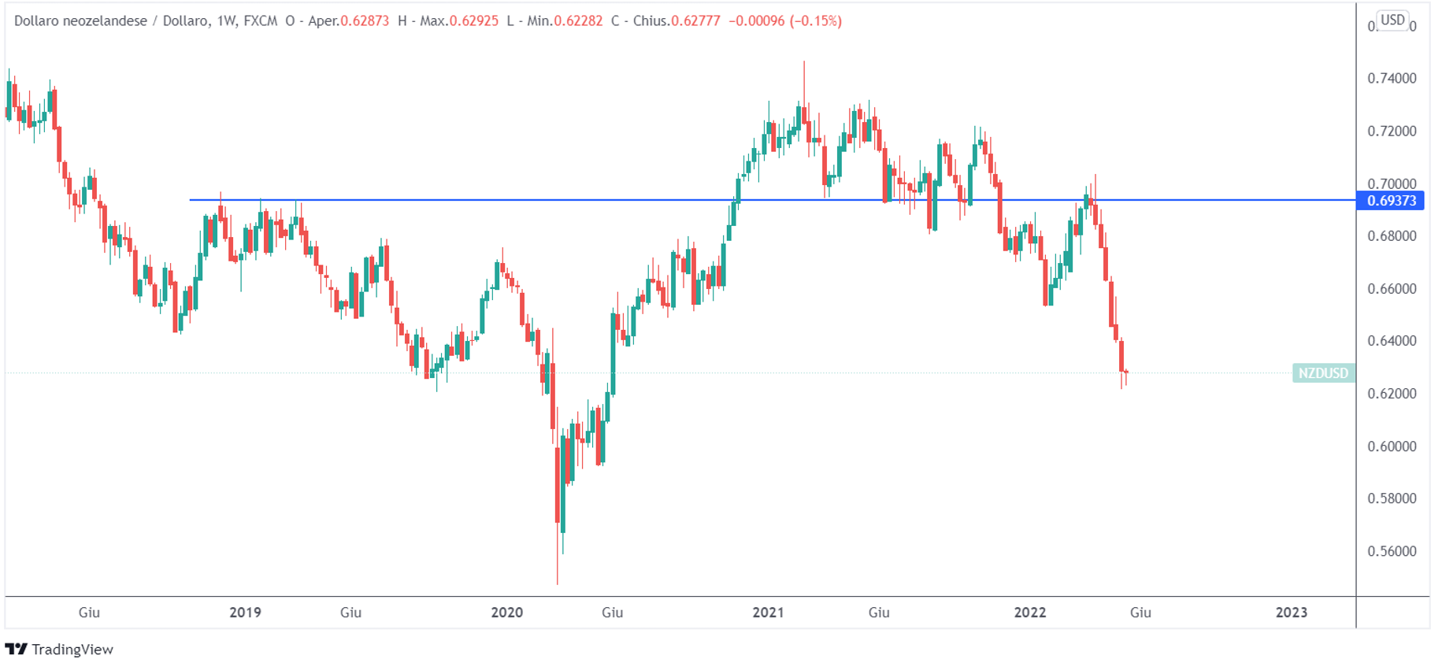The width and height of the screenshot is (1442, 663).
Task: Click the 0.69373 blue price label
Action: pyautogui.click(x=1391, y=201)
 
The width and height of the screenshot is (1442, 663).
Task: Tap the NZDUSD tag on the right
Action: pyautogui.click(x=1323, y=373)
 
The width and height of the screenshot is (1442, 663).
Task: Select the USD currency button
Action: pyautogui.click(x=1392, y=20)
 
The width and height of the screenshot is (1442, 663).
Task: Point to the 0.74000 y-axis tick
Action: pyautogui.click(x=1392, y=79)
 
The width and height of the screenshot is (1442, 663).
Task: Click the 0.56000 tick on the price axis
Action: pyautogui.click(x=1392, y=551)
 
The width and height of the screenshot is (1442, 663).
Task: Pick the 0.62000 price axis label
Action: pyautogui.click(x=1392, y=394)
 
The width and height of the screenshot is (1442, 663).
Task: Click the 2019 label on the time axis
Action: pyautogui.click(x=245, y=613)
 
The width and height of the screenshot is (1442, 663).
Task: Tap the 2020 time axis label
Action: pyautogui.click(x=506, y=613)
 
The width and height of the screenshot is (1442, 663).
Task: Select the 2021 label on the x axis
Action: pyautogui.click(x=768, y=613)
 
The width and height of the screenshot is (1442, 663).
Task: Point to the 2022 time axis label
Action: pyautogui.click(x=1029, y=613)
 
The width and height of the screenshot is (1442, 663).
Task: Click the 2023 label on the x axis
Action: pyautogui.click(x=1291, y=613)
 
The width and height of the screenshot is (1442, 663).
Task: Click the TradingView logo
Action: pyautogui.click(x=60, y=650)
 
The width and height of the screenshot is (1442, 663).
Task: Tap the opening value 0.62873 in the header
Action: pyautogui.click(x=365, y=21)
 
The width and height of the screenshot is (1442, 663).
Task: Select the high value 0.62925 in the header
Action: pyautogui.click(x=473, y=21)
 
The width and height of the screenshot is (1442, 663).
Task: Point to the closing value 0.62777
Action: pyautogui.click(x=695, y=21)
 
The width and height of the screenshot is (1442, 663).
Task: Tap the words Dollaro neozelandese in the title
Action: pyautogui.click(x=80, y=21)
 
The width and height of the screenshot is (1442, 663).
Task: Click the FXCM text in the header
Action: pyautogui.click(x=261, y=21)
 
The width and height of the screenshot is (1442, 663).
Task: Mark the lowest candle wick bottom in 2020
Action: pyautogui.click(x=558, y=583)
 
